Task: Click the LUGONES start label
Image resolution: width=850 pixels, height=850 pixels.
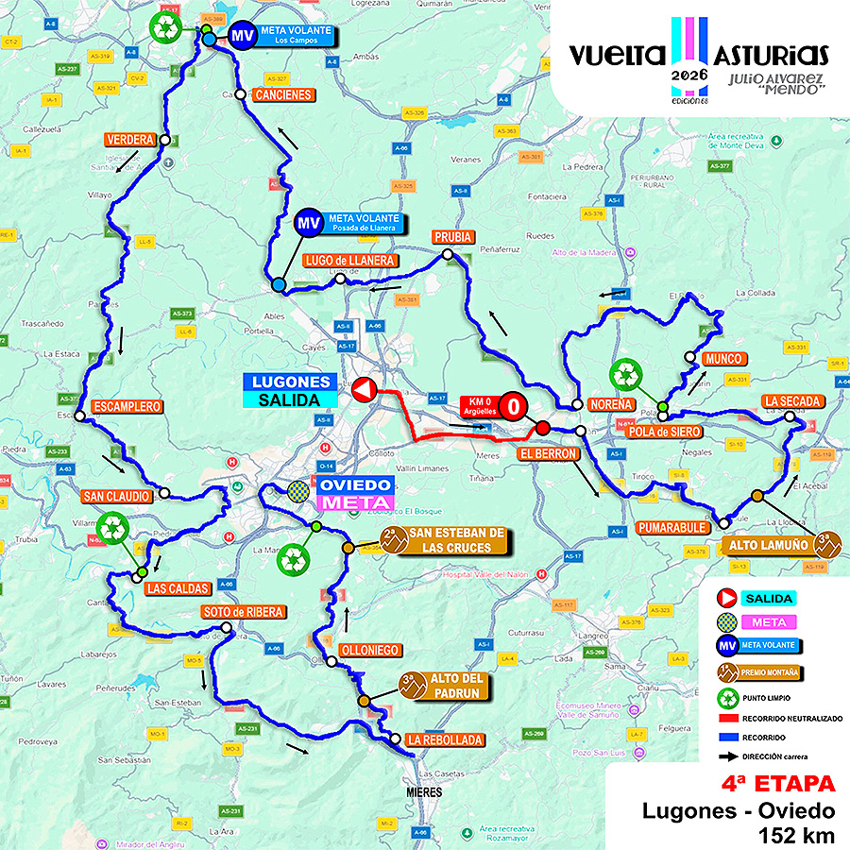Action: [292, 382]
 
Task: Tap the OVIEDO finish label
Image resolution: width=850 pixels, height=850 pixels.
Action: [354, 484]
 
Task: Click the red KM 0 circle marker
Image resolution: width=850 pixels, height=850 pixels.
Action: [512, 406]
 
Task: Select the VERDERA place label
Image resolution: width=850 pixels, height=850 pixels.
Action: [129, 140]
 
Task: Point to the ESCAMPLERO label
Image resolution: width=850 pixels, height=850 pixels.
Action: [128, 407]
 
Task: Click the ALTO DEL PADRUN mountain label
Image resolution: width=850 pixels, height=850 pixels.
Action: [456, 686]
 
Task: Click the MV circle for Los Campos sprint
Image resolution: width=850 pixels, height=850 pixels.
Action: [243, 36]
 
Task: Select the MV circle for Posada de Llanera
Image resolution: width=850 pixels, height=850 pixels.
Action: [306, 223]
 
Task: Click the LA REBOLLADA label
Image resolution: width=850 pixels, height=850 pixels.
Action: [446, 739]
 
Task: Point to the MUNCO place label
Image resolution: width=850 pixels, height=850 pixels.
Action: [723, 360]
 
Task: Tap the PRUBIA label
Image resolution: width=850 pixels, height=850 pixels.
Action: [451, 236]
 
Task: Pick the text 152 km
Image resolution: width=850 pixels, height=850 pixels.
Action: [796, 834]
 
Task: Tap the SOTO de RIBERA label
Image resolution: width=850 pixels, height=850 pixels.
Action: [242, 612]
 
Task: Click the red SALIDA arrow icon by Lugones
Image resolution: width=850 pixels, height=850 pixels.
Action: [364, 389]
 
